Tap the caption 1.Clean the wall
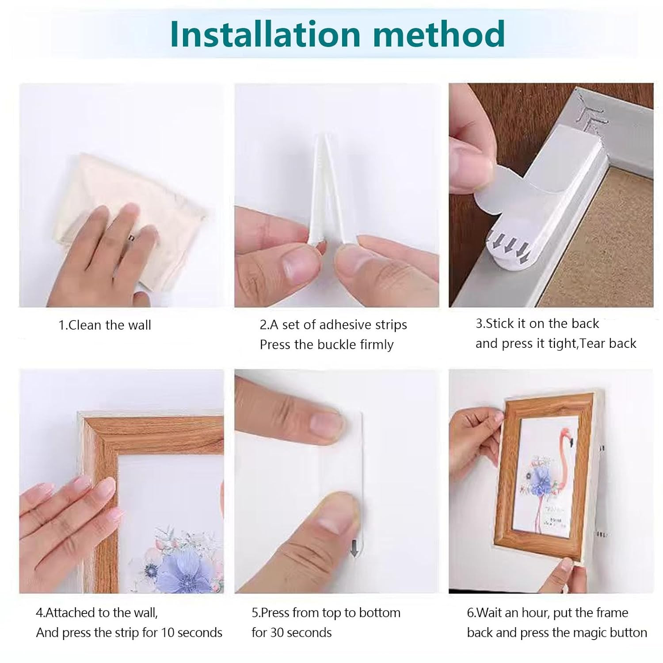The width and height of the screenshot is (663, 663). (105, 325)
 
